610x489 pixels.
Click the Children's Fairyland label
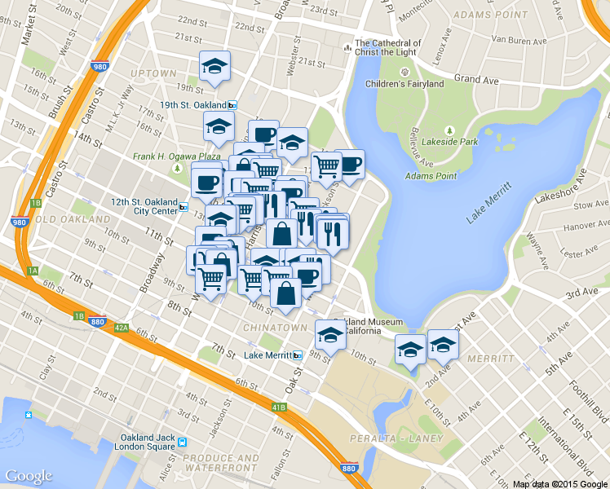click(x=404, y=84)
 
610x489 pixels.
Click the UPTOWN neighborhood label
click(x=152, y=73)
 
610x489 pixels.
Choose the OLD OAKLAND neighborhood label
click(x=73, y=220)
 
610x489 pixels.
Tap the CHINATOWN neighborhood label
click(x=275, y=328)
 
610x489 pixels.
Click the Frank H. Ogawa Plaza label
click(x=177, y=156)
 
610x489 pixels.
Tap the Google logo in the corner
click(x=29, y=476)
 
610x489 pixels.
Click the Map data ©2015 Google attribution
click(x=559, y=483)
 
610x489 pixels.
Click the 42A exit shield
click(x=122, y=328)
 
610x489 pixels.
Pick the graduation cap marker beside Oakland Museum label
click(x=330, y=334)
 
